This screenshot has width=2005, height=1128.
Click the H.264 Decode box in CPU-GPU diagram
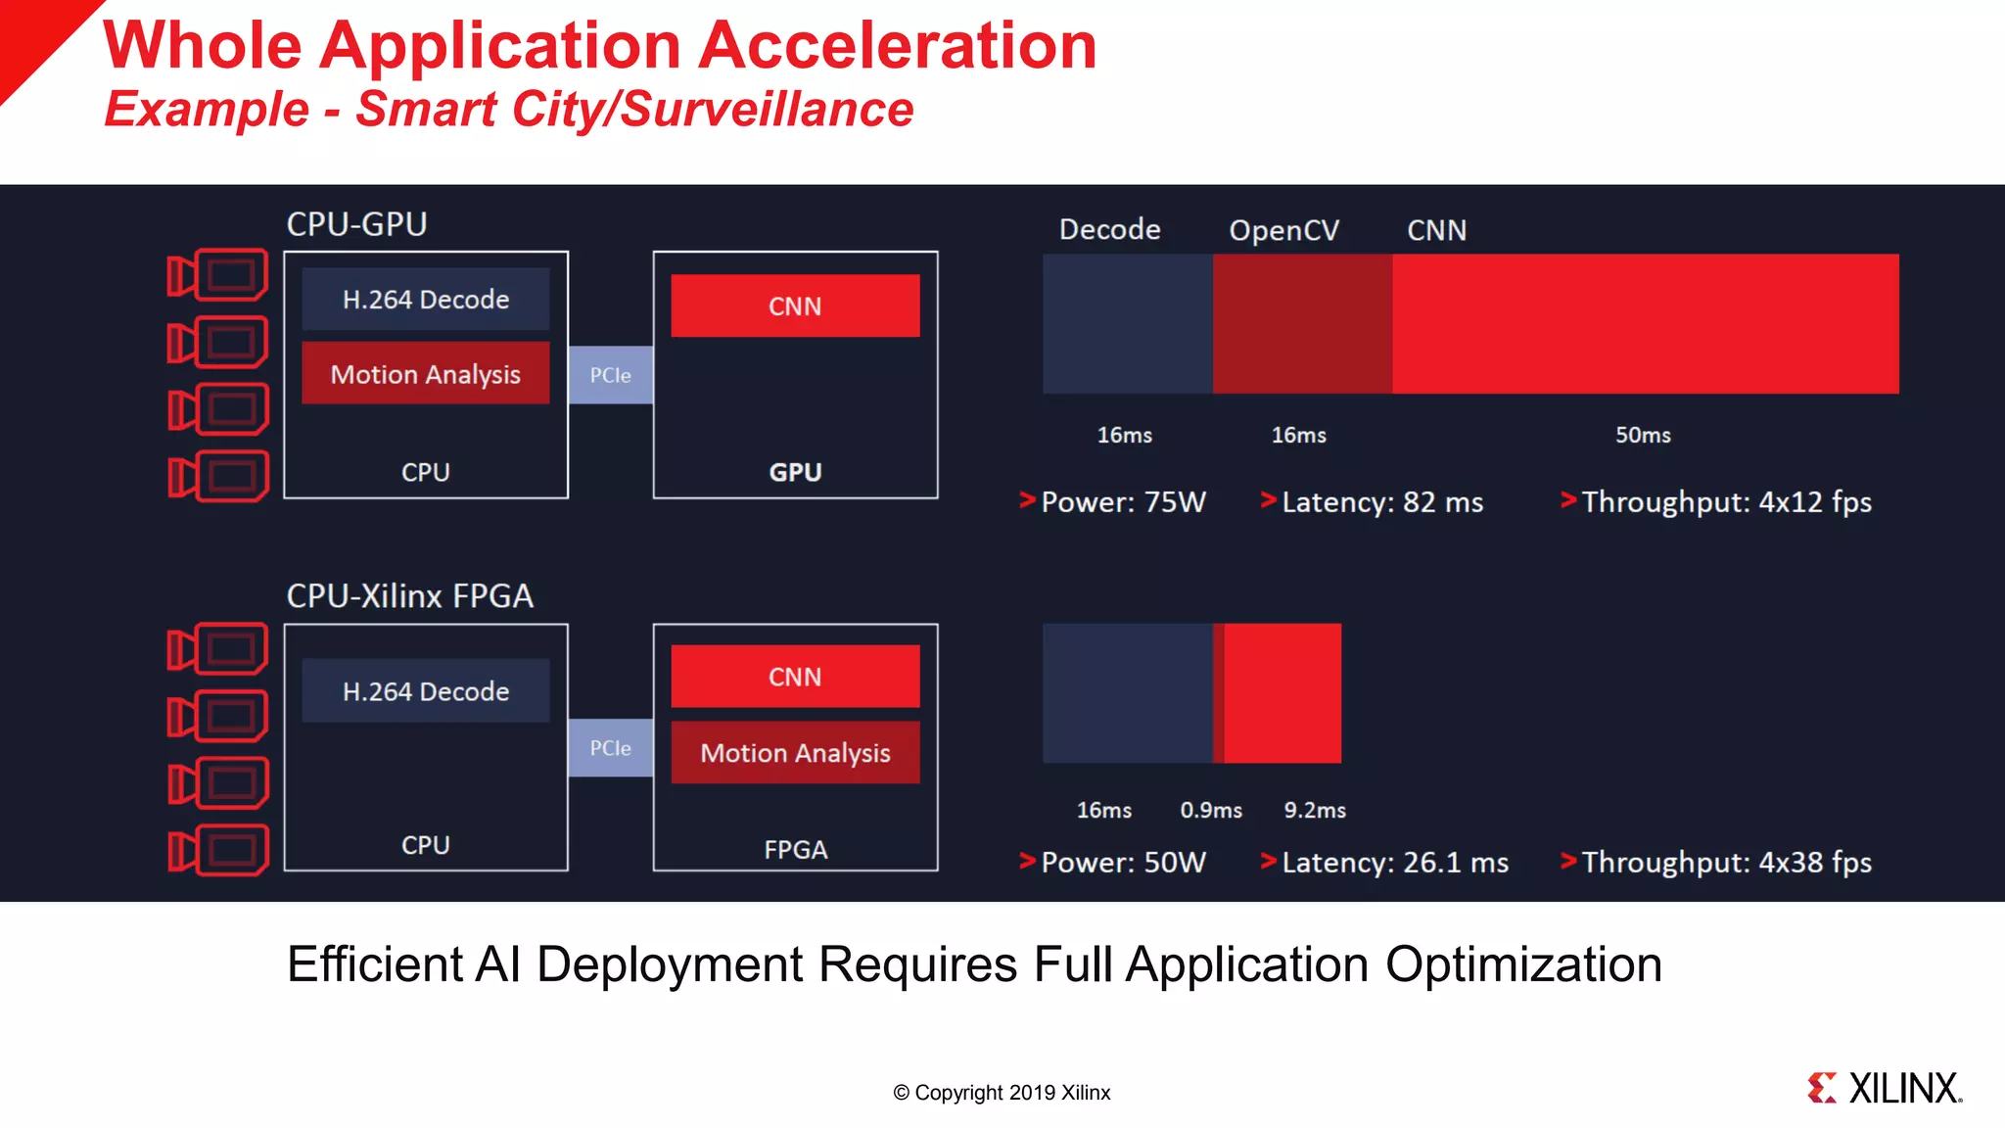click(x=425, y=299)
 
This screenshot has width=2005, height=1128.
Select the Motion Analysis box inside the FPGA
click(x=795, y=752)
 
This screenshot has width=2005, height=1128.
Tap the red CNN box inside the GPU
click(x=795, y=305)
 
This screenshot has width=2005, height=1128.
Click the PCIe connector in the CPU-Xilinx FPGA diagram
click(x=610, y=748)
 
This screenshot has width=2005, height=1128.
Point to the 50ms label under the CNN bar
click(x=1643, y=435)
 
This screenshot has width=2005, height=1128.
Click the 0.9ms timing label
click(x=1211, y=810)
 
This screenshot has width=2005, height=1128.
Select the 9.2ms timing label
click(x=1315, y=810)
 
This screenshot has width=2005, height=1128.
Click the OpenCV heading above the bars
click(x=1283, y=230)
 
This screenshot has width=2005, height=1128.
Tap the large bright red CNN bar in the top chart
click(x=1645, y=324)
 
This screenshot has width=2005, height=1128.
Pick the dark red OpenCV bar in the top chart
click(x=1302, y=324)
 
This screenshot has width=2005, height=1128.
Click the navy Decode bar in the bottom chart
click(x=1127, y=693)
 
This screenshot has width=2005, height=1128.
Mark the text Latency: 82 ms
click(x=1381, y=502)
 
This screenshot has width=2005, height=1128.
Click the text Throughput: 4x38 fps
click(x=1726, y=863)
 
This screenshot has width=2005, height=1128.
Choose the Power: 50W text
click(x=1123, y=863)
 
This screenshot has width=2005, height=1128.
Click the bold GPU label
click(x=795, y=472)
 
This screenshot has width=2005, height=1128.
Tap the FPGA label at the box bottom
click(x=795, y=849)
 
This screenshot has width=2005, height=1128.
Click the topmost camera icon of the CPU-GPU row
click(x=218, y=275)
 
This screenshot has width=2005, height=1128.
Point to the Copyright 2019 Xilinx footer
click(x=1002, y=1093)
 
